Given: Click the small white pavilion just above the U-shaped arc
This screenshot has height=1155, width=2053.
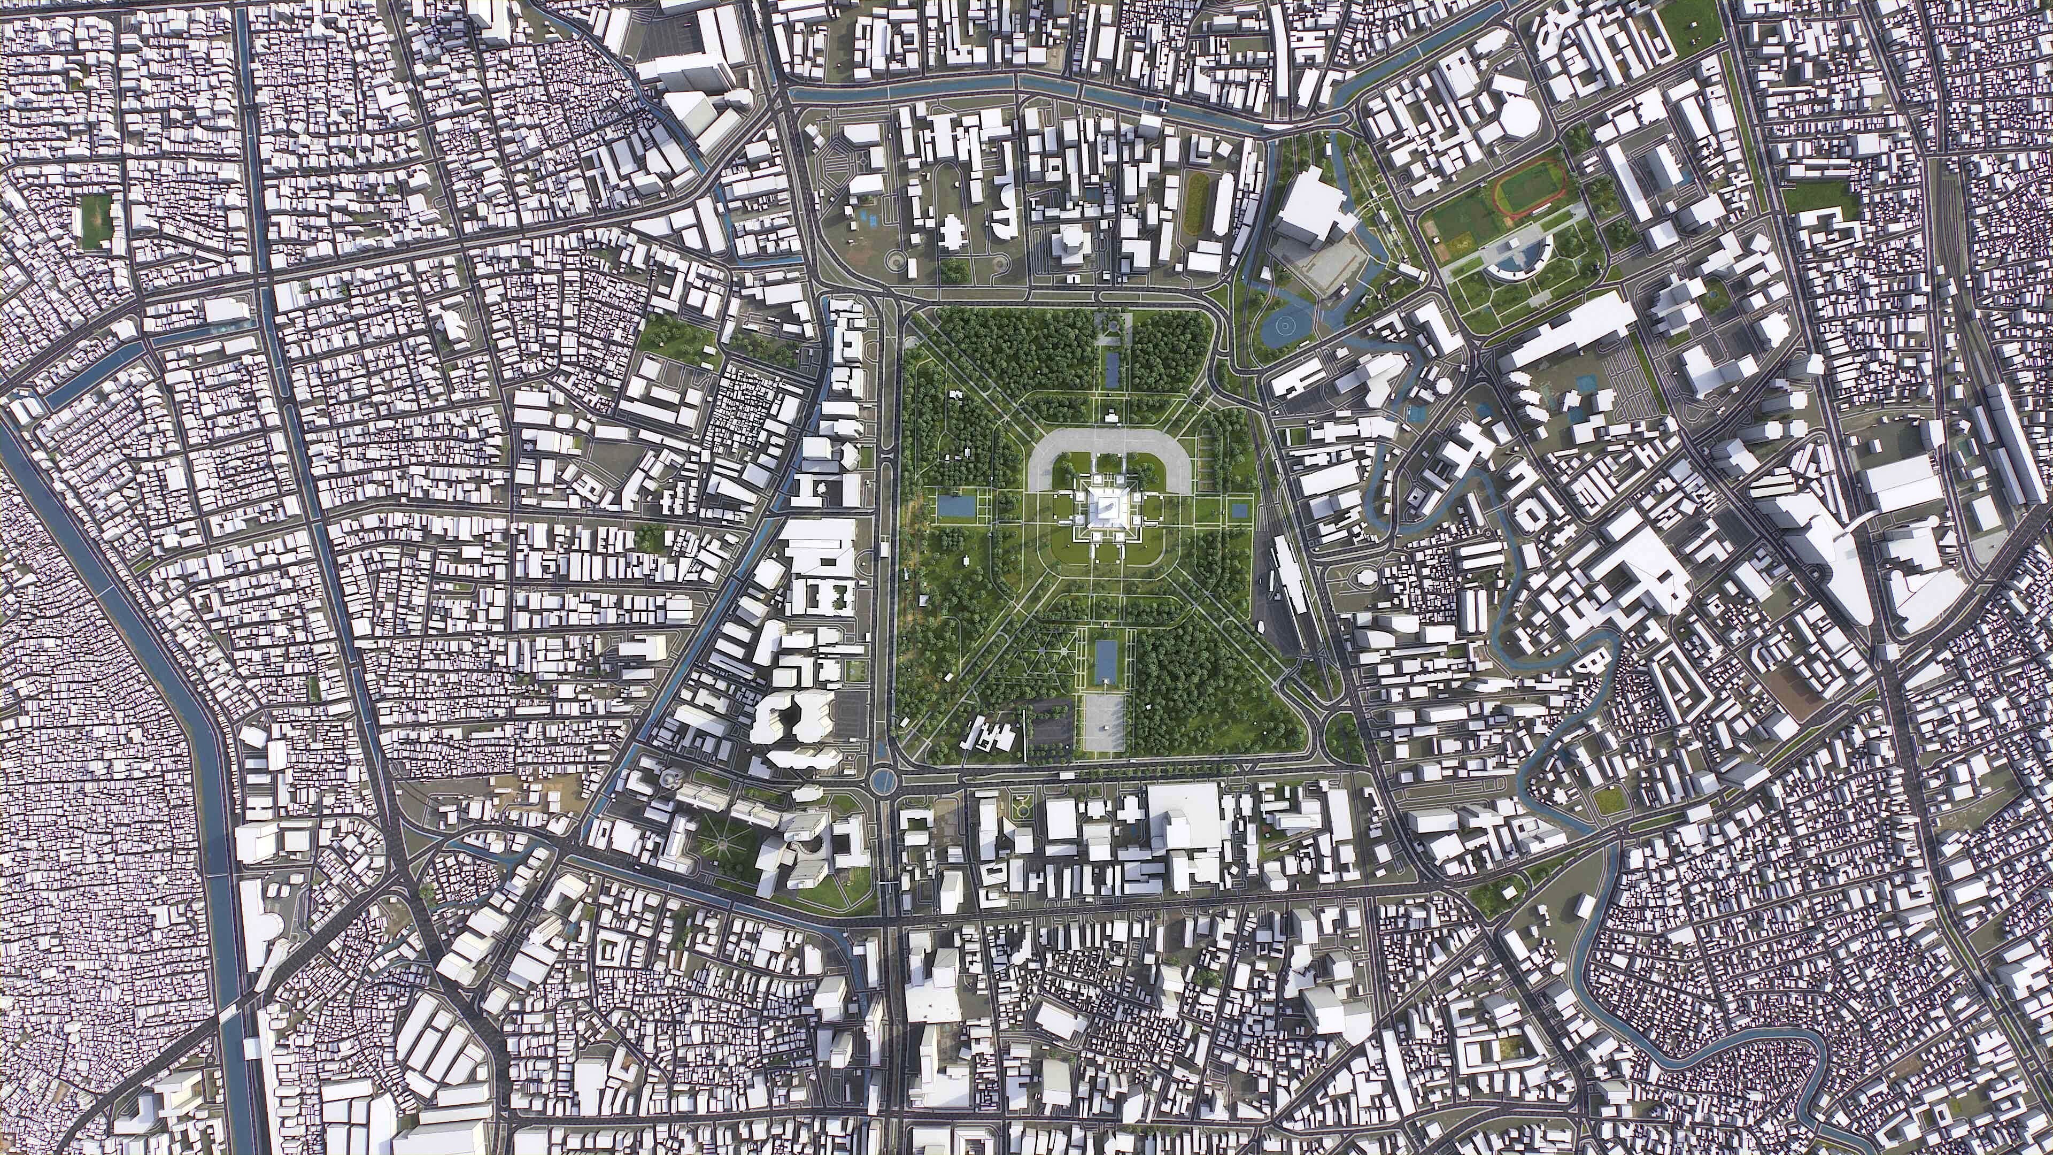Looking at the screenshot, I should click(1110, 416).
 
